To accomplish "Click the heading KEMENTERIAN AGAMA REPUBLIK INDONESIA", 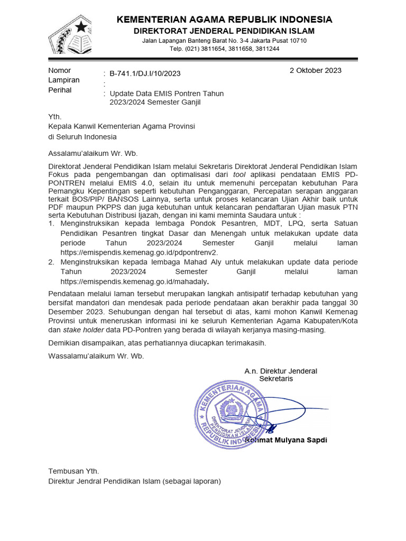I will click(224, 20).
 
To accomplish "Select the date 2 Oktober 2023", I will click(315, 70).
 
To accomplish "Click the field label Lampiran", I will click(64, 80).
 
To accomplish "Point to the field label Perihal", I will click(60, 90).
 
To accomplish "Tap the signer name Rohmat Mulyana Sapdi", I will click(288, 440).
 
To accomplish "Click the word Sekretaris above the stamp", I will click(275, 379).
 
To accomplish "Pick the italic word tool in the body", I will click(239, 174).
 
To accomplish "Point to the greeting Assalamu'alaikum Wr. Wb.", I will click(93, 154).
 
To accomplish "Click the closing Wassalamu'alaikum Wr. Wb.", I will click(96, 356).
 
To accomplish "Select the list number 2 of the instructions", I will click(51, 262).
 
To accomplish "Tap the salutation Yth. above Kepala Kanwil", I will click(55, 117).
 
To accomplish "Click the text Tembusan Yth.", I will click(73, 471).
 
